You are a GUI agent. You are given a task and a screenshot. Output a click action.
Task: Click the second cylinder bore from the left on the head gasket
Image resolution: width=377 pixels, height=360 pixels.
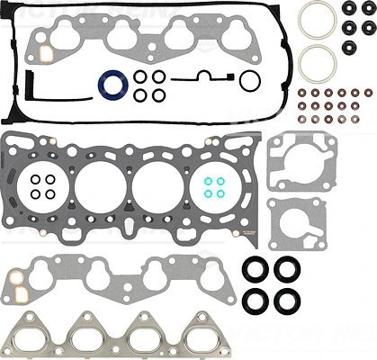(x=99, y=190)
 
